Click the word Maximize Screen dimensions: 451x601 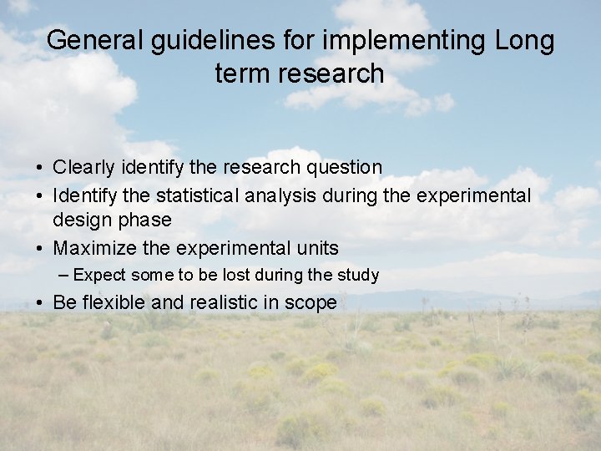91,248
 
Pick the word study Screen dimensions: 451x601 358,275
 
